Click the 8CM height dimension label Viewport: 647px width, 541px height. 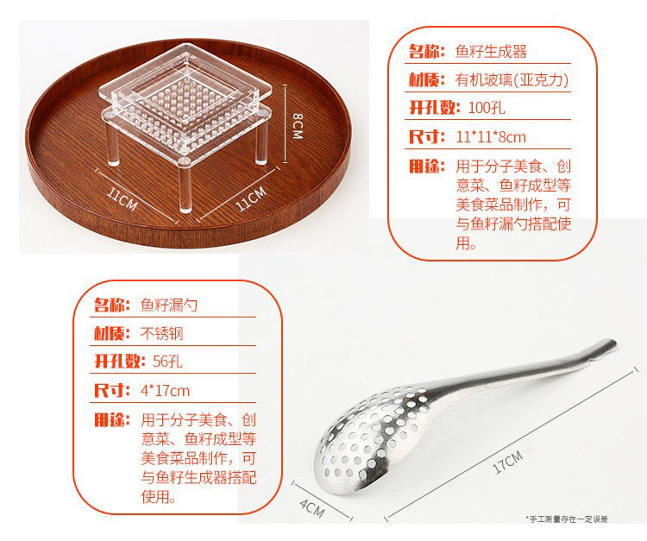[298, 126]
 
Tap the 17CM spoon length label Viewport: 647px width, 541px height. [508, 462]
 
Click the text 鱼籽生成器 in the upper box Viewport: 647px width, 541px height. [491, 52]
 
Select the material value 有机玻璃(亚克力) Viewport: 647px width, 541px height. [512, 79]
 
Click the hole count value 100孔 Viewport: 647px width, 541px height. [487, 108]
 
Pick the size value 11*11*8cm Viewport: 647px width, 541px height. [491, 136]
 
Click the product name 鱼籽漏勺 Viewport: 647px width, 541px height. [169, 305]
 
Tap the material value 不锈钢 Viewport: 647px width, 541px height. [162, 333]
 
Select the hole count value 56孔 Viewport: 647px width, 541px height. [167, 362]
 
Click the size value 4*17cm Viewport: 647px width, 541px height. [165, 390]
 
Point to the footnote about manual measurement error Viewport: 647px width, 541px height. [567, 519]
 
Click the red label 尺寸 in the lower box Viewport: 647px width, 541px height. [111, 390]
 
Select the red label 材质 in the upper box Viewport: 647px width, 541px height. [427, 79]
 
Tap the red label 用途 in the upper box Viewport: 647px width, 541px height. [427, 167]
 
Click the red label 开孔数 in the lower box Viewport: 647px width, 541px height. [119, 362]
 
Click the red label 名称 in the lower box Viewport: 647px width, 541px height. [111, 305]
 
